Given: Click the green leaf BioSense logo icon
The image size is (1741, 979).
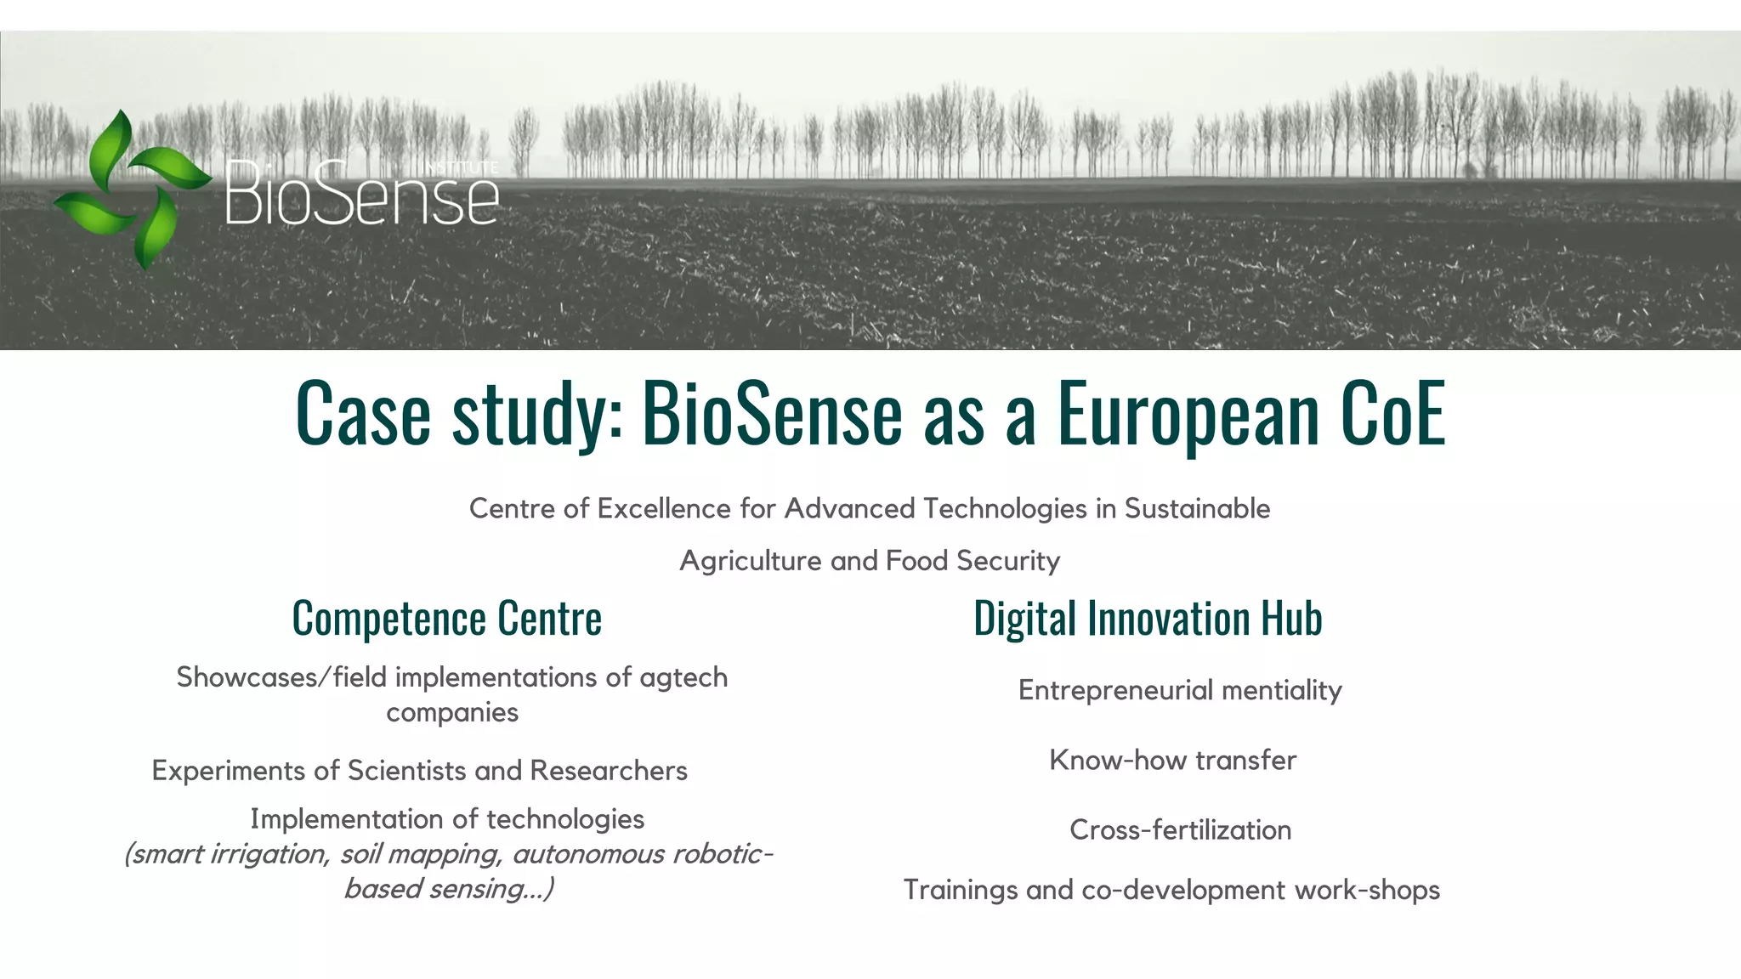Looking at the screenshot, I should click(132, 188).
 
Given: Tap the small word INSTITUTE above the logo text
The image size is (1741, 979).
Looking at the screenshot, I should click(462, 167).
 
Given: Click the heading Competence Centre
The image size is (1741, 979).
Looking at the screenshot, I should click(446, 618).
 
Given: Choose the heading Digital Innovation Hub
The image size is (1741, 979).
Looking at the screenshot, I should click(1148, 618).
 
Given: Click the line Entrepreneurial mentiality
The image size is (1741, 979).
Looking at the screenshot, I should click(1180, 690).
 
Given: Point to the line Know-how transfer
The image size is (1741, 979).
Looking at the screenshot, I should click(1173, 760).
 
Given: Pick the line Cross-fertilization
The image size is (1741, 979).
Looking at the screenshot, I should click(1180, 829).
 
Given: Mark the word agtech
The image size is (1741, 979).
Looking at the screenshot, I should click(683, 678).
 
